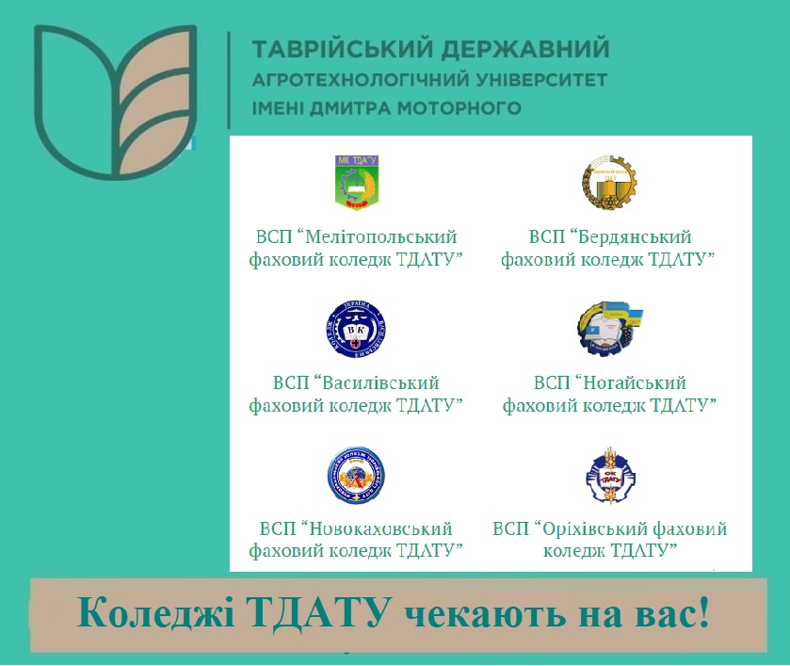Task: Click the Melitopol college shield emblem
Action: (357, 183)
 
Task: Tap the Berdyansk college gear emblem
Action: (609, 183)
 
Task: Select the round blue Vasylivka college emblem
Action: (356, 329)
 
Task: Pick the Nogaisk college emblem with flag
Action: (609, 329)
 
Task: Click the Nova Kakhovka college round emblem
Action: (356, 476)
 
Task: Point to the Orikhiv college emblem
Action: (610, 476)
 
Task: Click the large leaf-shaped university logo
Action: (116, 102)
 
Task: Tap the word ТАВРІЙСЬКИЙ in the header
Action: (343, 48)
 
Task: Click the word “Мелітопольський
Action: (377, 237)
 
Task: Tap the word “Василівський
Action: (376, 382)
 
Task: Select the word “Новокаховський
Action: (376, 528)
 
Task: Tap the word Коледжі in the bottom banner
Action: (155, 612)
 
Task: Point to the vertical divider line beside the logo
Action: (229, 80)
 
